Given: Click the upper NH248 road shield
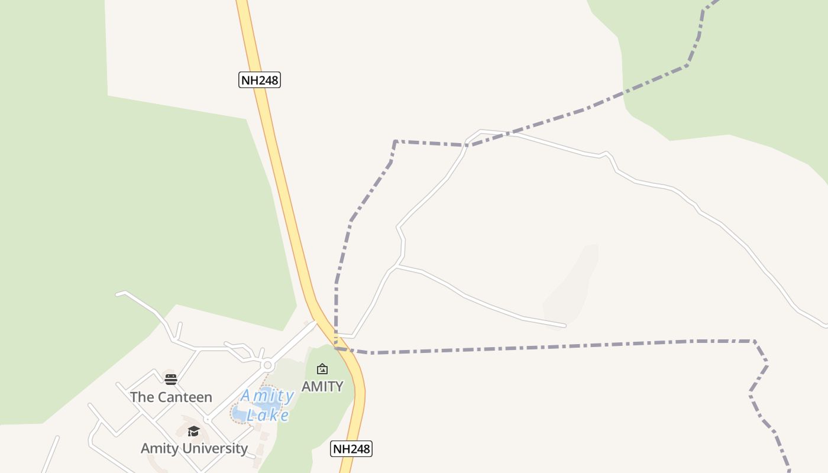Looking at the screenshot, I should click(x=259, y=80).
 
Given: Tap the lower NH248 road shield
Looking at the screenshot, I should click(x=351, y=449).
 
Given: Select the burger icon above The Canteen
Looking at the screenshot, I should click(x=171, y=380).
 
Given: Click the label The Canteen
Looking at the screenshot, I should click(x=171, y=397).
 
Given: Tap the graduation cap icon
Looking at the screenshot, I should click(x=193, y=431).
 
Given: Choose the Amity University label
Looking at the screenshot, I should click(x=194, y=448).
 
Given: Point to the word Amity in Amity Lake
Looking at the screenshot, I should click(x=267, y=396).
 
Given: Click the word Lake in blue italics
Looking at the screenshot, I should click(x=268, y=415).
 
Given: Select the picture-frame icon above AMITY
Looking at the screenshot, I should click(x=322, y=369).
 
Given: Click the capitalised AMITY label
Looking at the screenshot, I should click(x=322, y=386).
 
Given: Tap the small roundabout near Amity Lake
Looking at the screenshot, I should click(x=268, y=365).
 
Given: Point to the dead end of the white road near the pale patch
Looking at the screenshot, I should click(x=565, y=325).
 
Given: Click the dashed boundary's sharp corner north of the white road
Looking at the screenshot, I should click(x=395, y=141).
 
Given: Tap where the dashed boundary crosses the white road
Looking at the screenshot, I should click(x=468, y=144).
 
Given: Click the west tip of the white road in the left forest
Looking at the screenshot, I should click(x=117, y=294).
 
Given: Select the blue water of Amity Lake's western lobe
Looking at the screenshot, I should click(x=240, y=414).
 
